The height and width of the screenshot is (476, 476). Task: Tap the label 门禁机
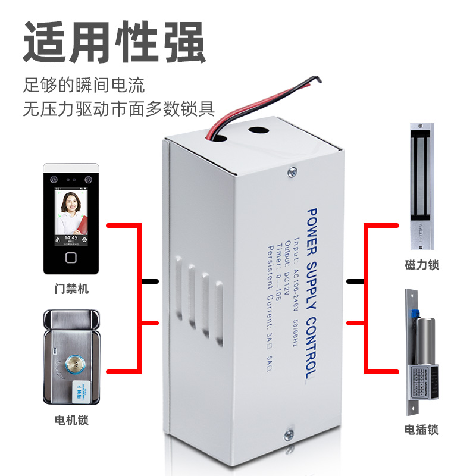(x=71, y=289)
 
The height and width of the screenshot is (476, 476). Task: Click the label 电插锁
(x=421, y=429)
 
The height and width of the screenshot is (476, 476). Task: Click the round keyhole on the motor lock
(x=75, y=364)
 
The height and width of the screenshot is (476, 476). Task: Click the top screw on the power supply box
(x=292, y=173)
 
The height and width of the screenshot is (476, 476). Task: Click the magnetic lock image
(x=421, y=187)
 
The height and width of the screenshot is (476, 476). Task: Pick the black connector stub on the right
(x=355, y=281)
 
